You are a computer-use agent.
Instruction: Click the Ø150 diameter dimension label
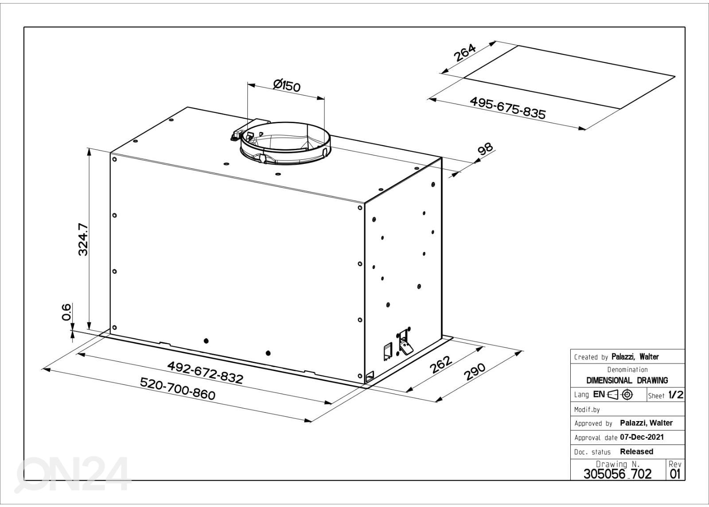point(287,85)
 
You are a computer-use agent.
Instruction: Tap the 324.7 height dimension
point(83,239)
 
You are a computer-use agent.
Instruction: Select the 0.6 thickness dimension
point(66,312)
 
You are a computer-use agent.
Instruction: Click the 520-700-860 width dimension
point(178,389)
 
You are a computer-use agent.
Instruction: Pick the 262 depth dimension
point(440,365)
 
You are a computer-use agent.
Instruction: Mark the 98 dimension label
point(485,149)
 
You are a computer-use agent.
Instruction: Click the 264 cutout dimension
point(465,53)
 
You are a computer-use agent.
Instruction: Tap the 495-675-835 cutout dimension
point(508,108)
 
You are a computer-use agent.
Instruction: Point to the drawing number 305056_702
point(618,474)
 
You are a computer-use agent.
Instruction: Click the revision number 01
point(675,474)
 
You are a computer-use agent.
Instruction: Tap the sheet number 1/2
point(676,395)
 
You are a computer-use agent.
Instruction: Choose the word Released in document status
point(636,451)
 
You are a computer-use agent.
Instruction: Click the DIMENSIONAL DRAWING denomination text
point(627,380)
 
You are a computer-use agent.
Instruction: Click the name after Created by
point(635,357)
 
